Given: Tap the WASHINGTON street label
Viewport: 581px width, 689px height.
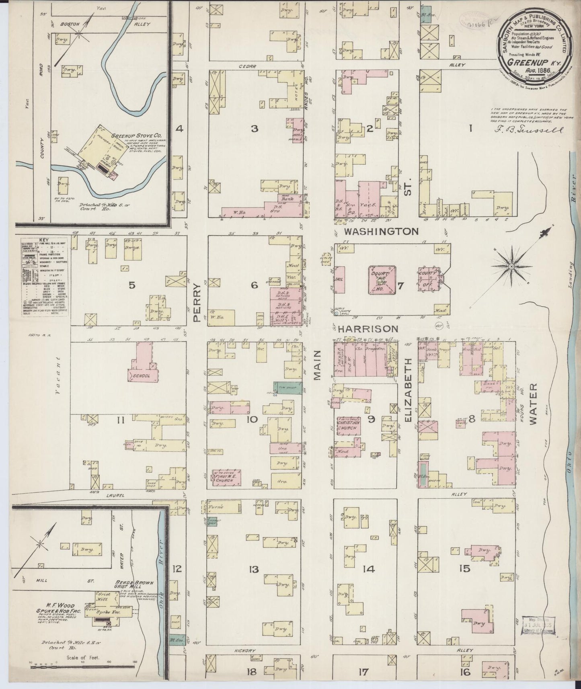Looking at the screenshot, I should coord(381,231).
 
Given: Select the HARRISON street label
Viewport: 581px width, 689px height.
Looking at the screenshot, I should coord(368,329).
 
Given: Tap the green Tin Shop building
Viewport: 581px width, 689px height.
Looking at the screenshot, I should coord(287,387).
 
